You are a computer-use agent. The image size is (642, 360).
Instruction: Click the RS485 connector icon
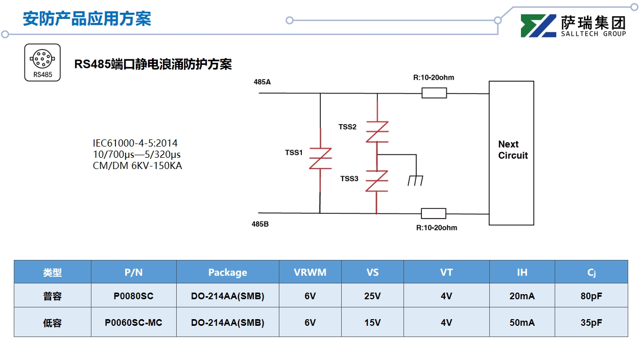[42, 62]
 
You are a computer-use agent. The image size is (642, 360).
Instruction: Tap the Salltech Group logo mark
[538, 26]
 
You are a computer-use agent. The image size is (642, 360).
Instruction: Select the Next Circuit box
[511, 153]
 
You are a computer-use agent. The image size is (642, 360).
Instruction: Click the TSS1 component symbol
[320, 159]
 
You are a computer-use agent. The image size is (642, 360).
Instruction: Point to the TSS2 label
[347, 127]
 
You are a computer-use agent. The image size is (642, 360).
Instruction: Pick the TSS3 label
[349, 179]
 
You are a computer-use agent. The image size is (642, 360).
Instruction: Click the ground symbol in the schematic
[415, 180]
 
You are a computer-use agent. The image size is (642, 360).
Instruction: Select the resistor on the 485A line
[434, 93]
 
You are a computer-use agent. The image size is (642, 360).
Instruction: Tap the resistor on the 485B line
[433, 213]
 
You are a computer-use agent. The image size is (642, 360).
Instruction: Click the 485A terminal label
[262, 82]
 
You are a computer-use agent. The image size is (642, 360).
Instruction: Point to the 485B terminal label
[260, 224]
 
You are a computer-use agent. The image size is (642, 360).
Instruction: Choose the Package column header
[227, 272]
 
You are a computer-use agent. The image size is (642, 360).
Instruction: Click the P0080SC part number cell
[133, 296]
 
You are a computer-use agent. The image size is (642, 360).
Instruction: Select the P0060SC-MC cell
[133, 323]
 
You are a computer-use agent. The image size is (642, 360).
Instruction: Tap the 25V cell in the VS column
[373, 296]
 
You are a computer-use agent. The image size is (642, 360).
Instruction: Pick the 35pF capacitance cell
[591, 323]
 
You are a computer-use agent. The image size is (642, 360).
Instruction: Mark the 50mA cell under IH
[521, 323]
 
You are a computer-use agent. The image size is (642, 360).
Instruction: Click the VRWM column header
[310, 272]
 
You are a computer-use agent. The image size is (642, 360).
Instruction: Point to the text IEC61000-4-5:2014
[135, 143]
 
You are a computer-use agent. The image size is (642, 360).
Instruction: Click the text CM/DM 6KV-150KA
[137, 165]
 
